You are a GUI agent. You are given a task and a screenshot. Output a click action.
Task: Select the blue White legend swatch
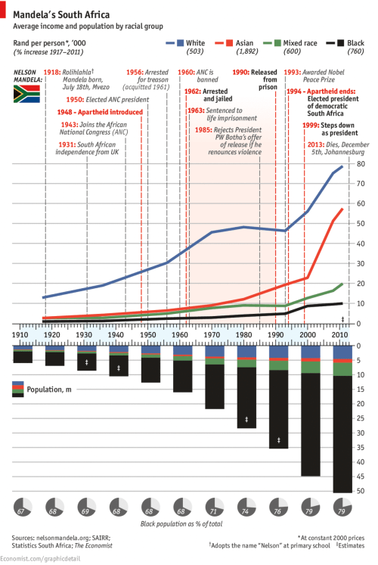(179, 45)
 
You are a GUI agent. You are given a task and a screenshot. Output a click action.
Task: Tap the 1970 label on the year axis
(214, 334)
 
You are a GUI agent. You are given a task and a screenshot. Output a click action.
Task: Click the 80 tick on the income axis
(361, 164)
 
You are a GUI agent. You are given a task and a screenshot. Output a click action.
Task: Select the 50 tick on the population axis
(361, 492)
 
